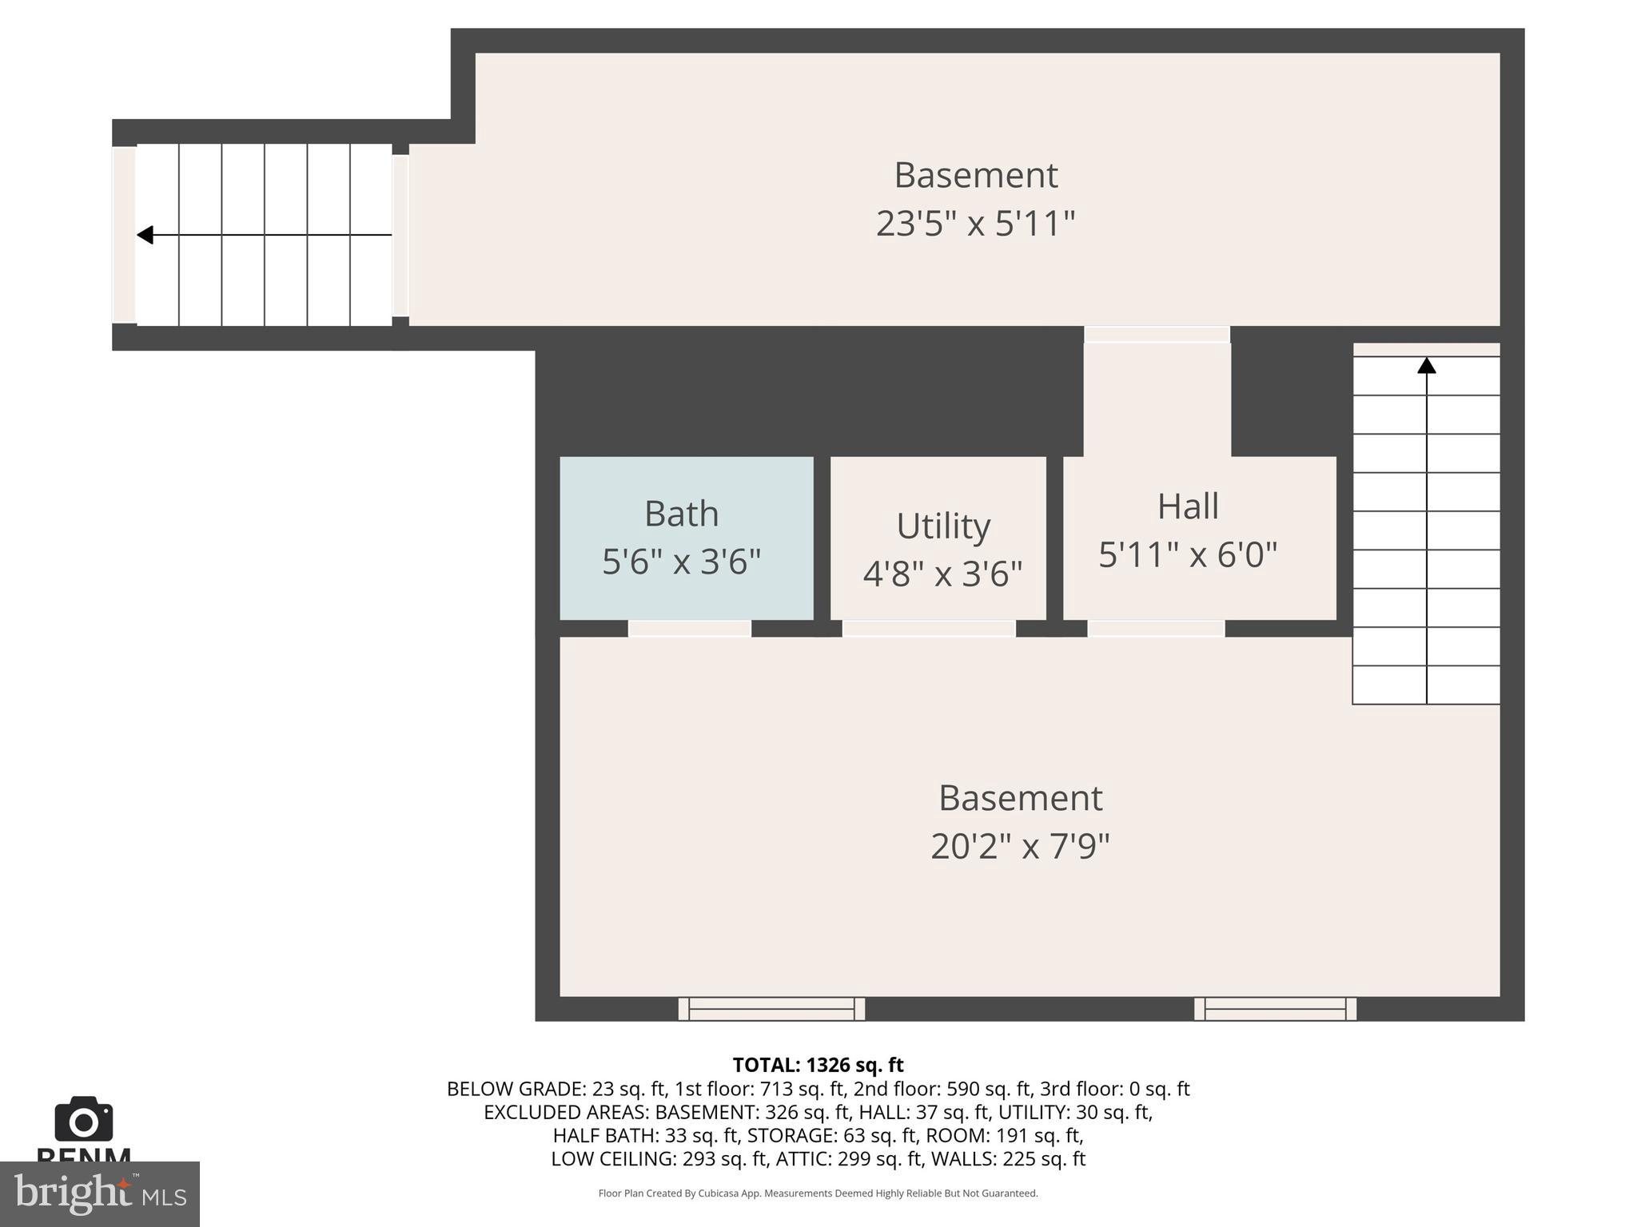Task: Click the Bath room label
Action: (x=681, y=514)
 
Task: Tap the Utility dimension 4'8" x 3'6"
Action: (x=942, y=574)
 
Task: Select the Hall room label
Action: (x=1188, y=506)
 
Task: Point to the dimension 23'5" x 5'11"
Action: (x=975, y=224)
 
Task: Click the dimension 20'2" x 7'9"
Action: (x=1020, y=846)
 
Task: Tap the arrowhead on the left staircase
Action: (x=145, y=235)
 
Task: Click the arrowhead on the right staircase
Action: (x=1427, y=366)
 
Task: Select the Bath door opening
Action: (x=689, y=629)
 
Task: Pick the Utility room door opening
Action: (x=929, y=629)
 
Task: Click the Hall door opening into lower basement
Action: (x=1156, y=629)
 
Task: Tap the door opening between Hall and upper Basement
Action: (x=1157, y=334)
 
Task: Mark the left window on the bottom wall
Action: (x=771, y=1009)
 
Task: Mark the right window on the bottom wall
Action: (x=1275, y=1009)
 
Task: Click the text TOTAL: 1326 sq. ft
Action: (x=818, y=1065)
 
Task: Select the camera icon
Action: (x=83, y=1120)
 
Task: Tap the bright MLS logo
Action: (x=99, y=1193)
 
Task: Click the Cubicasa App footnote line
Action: (x=818, y=1193)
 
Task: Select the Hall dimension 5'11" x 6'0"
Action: (x=1188, y=554)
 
